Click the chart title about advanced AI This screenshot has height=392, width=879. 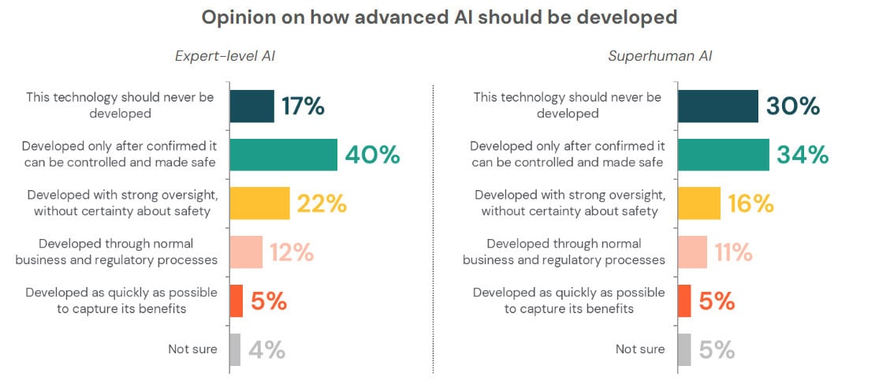439,17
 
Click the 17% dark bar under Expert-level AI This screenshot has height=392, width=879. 252,106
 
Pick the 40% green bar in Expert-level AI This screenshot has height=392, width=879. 284,155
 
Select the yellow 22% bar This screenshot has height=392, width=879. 260,203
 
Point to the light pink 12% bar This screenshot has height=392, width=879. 247,252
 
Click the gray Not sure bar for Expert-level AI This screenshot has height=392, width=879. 235,349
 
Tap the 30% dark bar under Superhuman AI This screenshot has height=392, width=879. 717,106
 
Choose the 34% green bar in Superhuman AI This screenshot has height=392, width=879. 723,155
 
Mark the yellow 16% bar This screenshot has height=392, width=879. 698,203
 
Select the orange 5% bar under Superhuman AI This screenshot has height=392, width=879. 684,301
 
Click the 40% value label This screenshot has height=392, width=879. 372,155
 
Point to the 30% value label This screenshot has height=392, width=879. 792,106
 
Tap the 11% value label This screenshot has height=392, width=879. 733,252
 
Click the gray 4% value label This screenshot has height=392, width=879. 266,349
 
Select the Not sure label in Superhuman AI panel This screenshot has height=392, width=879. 640,349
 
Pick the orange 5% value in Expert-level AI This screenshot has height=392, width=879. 269,301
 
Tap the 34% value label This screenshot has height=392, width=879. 803,155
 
